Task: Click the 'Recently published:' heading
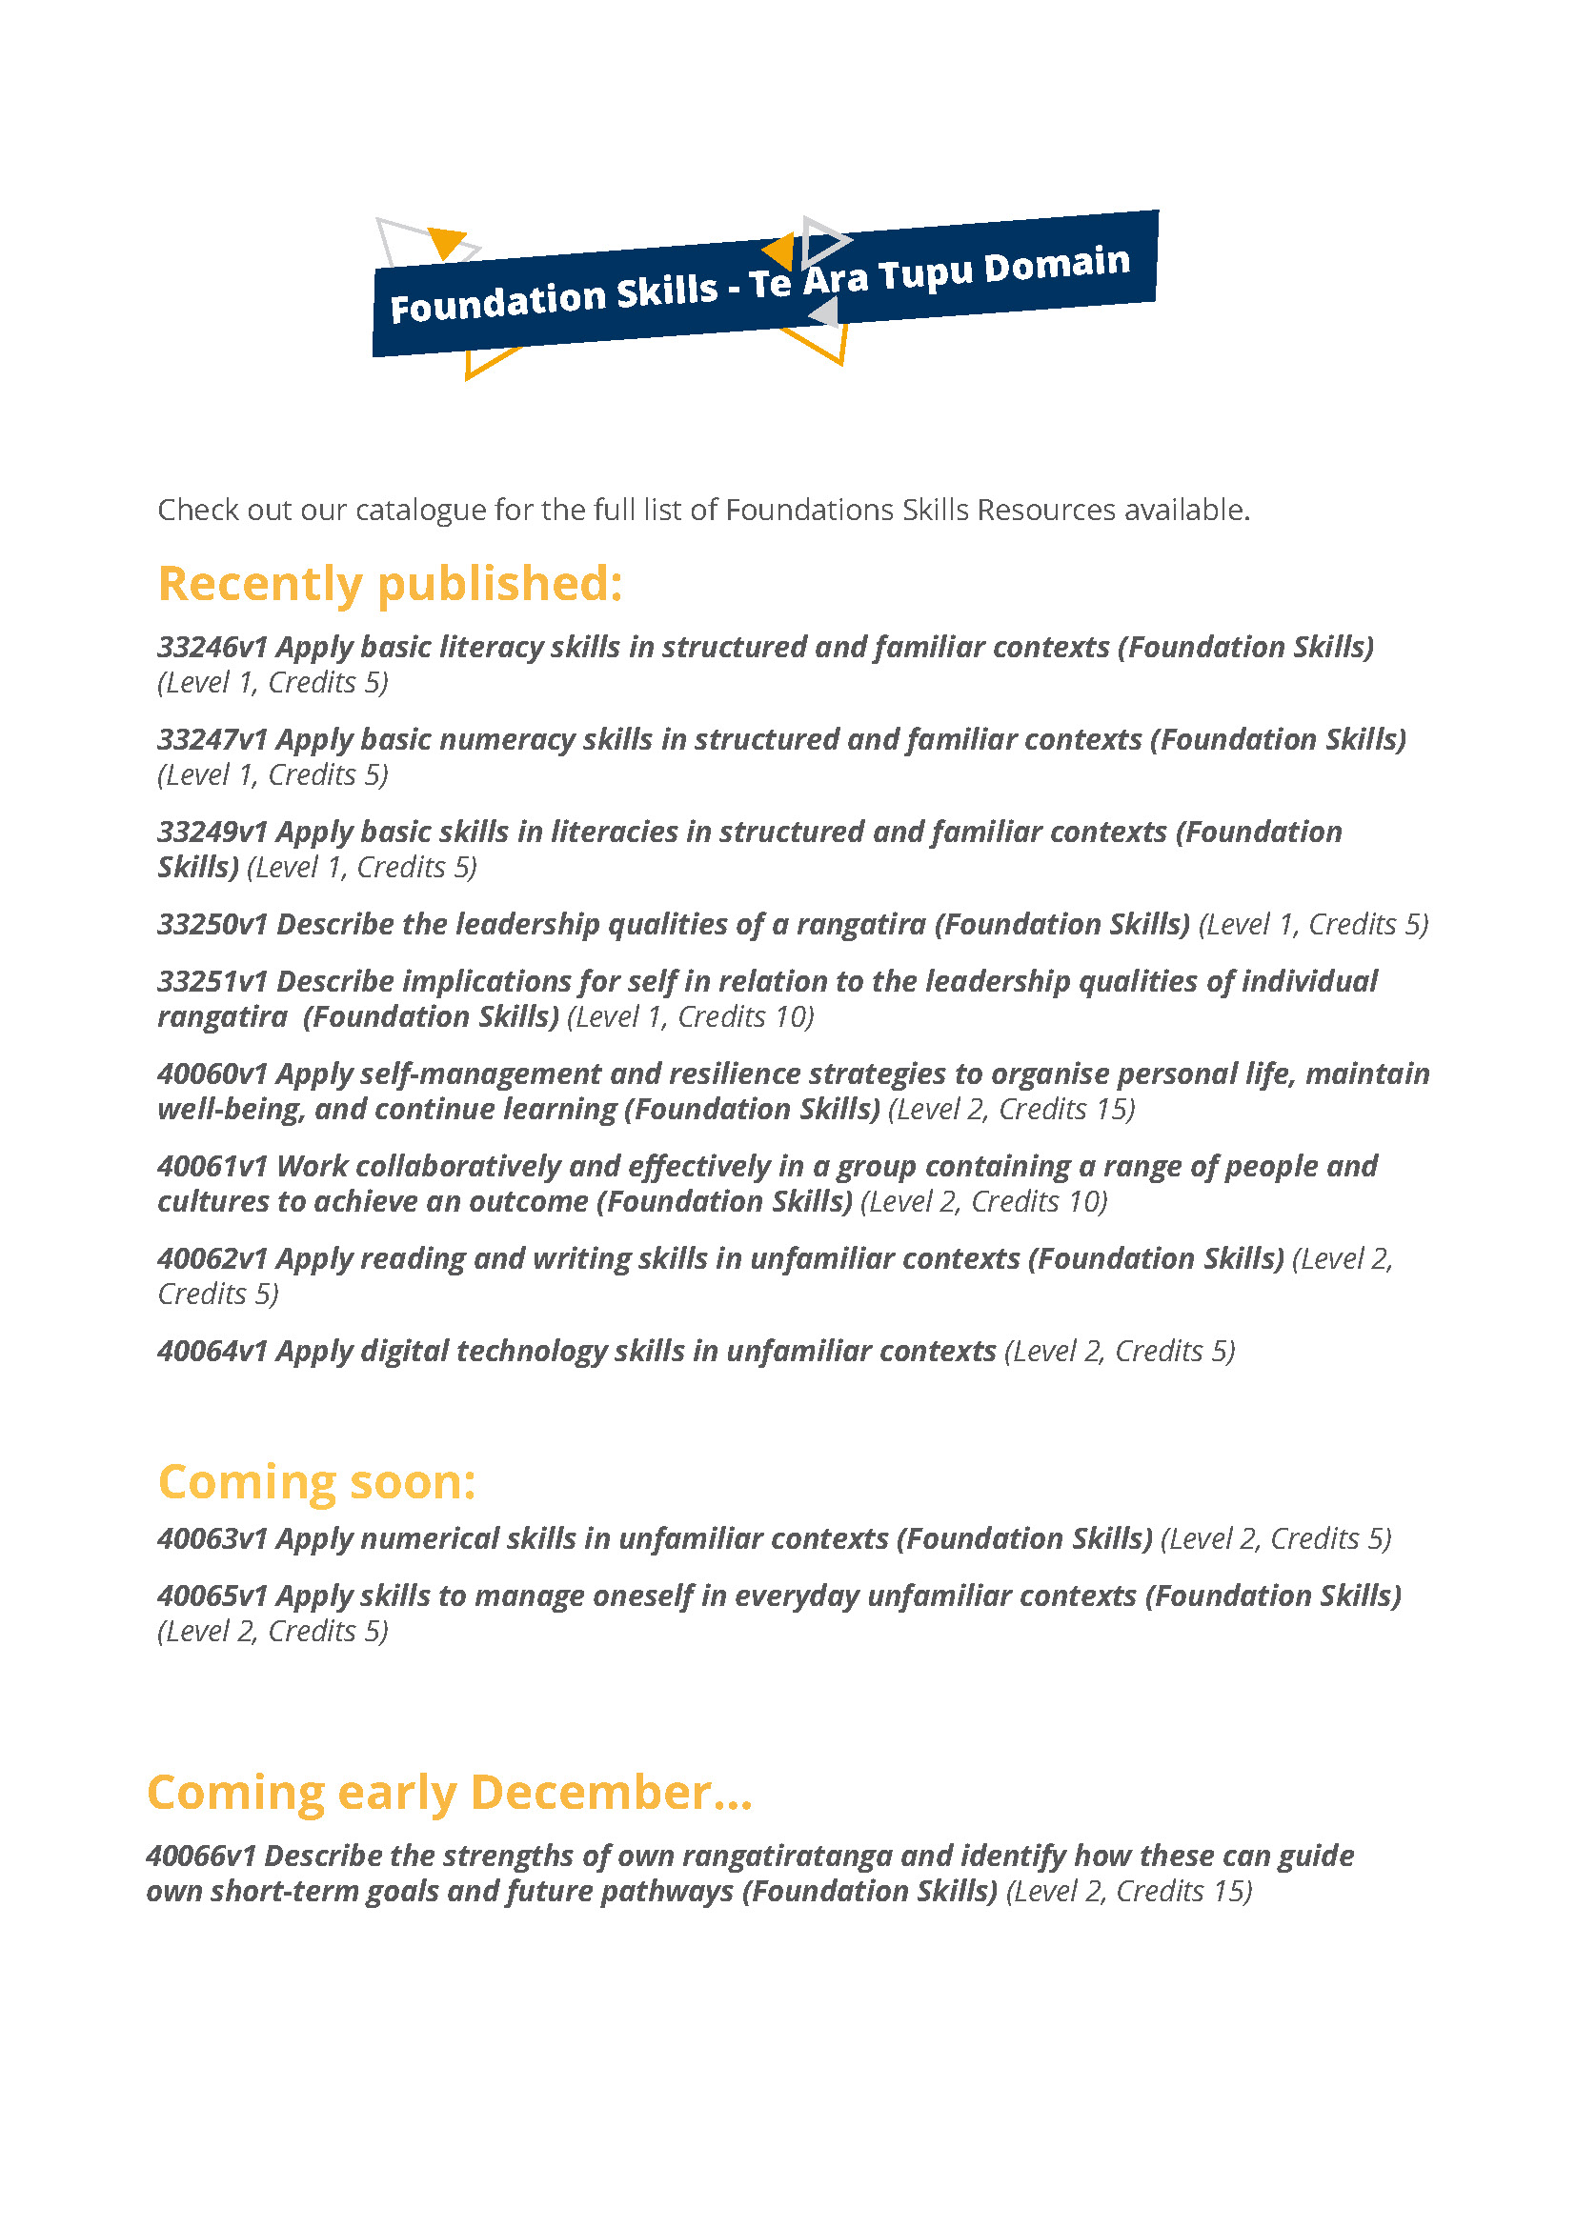pyautogui.click(x=389, y=584)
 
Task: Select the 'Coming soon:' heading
pyautogui.click(x=316, y=1483)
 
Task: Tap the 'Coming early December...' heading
pyautogui.click(x=449, y=1793)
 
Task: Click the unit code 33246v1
pyautogui.click(x=212, y=647)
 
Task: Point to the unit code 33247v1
pyautogui.click(x=212, y=739)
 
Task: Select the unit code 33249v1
pyautogui.click(x=212, y=832)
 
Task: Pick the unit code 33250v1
pyautogui.click(x=212, y=924)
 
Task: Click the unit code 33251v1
pyautogui.click(x=212, y=981)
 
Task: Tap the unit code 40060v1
pyautogui.click(x=212, y=1074)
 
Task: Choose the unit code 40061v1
pyautogui.click(x=212, y=1165)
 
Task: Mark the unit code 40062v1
pyautogui.click(x=212, y=1258)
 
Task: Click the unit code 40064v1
pyautogui.click(x=212, y=1351)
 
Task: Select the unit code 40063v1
pyautogui.click(x=212, y=1539)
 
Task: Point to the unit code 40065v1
pyautogui.click(x=212, y=1596)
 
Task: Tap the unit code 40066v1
pyautogui.click(x=200, y=1856)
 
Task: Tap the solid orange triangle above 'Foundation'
pyautogui.click(x=445, y=241)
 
